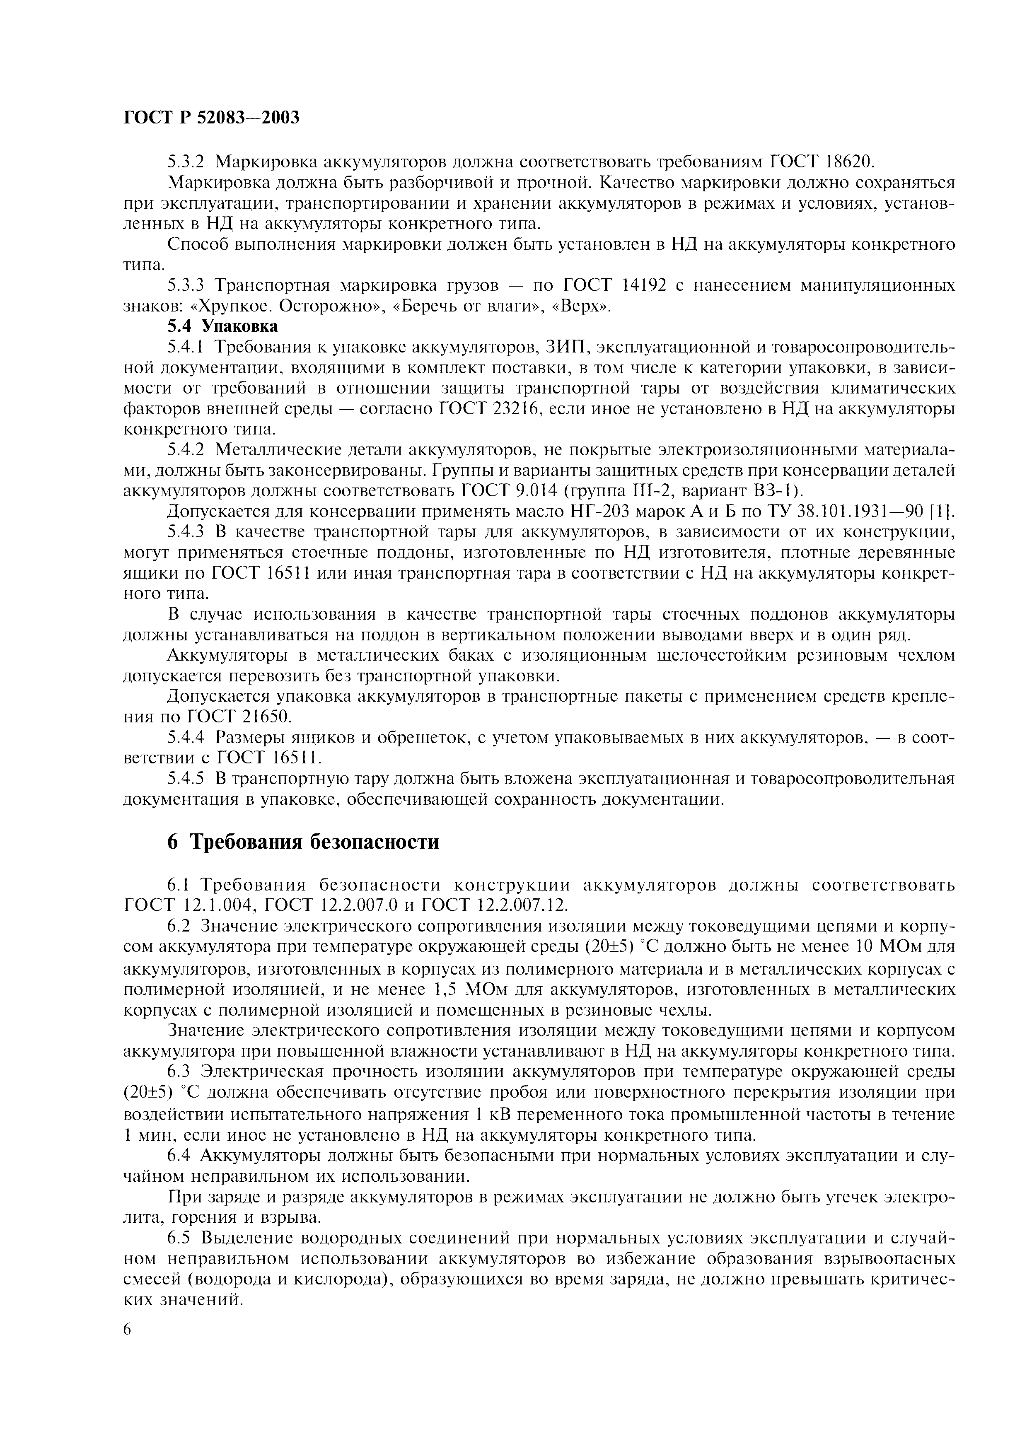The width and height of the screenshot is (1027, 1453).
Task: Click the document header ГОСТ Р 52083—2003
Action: coord(211,118)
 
